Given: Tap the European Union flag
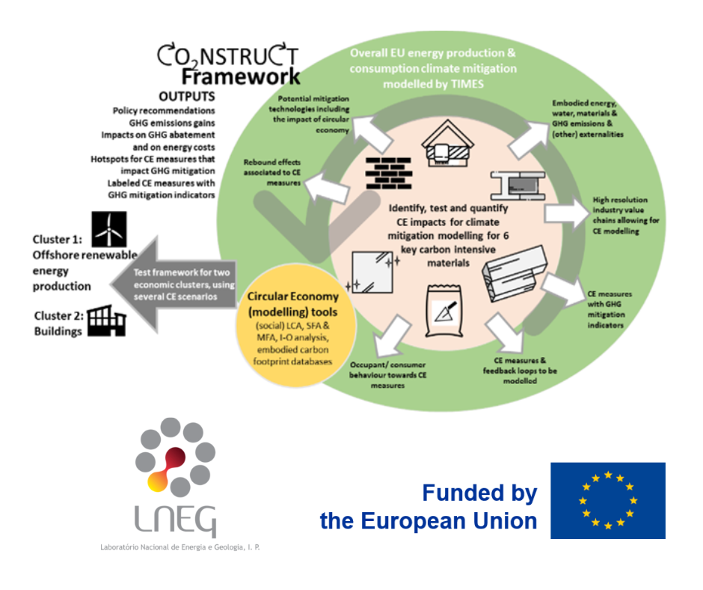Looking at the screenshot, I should click(x=607, y=500).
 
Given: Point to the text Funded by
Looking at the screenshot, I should click(x=479, y=493).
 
